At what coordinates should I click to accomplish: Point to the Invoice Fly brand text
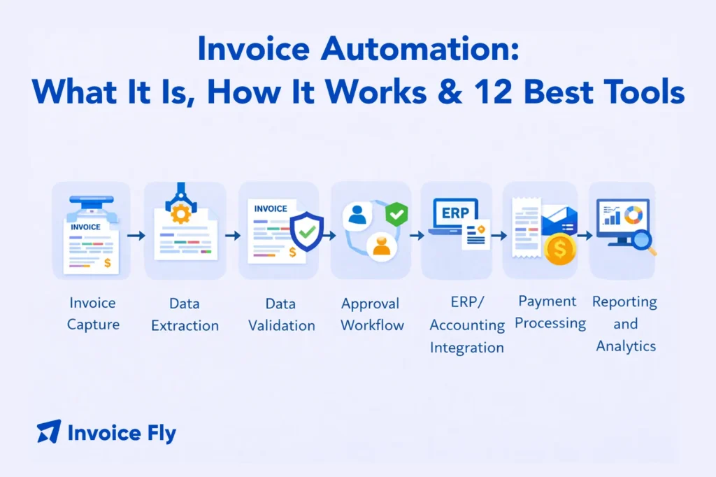pyautogui.click(x=122, y=433)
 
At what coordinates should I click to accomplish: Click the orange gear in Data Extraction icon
pyautogui.click(x=180, y=213)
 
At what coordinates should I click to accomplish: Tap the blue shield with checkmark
pyautogui.click(x=306, y=232)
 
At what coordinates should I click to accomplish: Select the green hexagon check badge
pyautogui.click(x=397, y=213)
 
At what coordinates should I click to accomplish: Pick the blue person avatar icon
pyautogui.click(x=357, y=215)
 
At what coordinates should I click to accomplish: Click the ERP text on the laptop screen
pyautogui.click(x=455, y=213)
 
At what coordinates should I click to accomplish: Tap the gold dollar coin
pyautogui.click(x=560, y=249)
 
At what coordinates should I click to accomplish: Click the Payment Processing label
pyautogui.click(x=547, y=312)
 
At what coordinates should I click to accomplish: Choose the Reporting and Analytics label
pyautogui.click(x=625, y=323)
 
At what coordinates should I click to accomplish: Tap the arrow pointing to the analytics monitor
pyautogui.click(x=585, y=236)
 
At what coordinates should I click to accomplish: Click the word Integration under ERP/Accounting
pyautogui.click(x=467, y=348)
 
